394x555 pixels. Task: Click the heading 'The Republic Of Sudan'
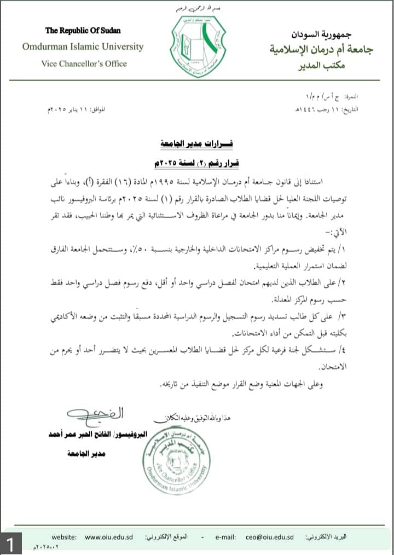pos(83,30)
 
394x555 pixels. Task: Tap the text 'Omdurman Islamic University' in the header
pos(83,47)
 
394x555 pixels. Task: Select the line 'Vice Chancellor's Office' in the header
pos(84,63)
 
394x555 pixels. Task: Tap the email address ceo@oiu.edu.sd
pos(270,537)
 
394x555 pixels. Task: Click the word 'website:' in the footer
pos(64,537)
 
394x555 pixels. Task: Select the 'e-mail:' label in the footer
pos(225,537)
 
